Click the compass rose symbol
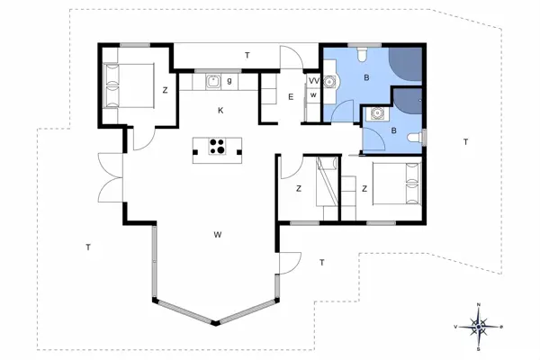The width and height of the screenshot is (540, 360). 480,326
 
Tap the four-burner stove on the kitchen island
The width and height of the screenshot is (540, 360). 217,148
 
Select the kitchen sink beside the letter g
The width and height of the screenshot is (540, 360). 213,82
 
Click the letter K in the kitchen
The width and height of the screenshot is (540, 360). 220,110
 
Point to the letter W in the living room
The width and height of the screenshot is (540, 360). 218,234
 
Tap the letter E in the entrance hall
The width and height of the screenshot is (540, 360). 292,96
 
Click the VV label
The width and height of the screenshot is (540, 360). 313,80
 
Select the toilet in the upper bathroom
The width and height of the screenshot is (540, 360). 361,57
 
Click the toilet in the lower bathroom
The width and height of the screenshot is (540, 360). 415,137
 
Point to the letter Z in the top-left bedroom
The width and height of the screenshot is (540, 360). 165,90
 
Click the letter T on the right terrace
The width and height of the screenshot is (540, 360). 465,142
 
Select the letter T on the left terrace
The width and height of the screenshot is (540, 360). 87,246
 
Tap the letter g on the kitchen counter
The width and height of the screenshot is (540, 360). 230,81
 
